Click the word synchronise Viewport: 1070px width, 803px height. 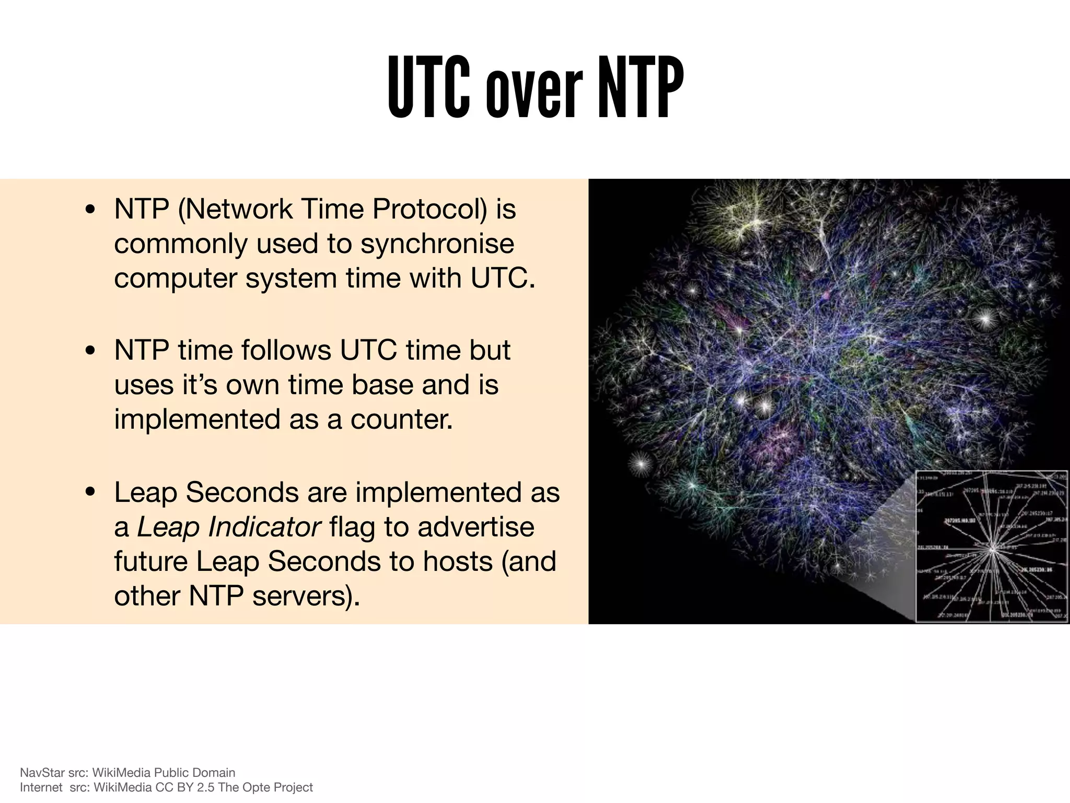coord(437,244)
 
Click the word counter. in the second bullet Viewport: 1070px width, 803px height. coord(401,419)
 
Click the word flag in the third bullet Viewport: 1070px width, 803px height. coord(352,527)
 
